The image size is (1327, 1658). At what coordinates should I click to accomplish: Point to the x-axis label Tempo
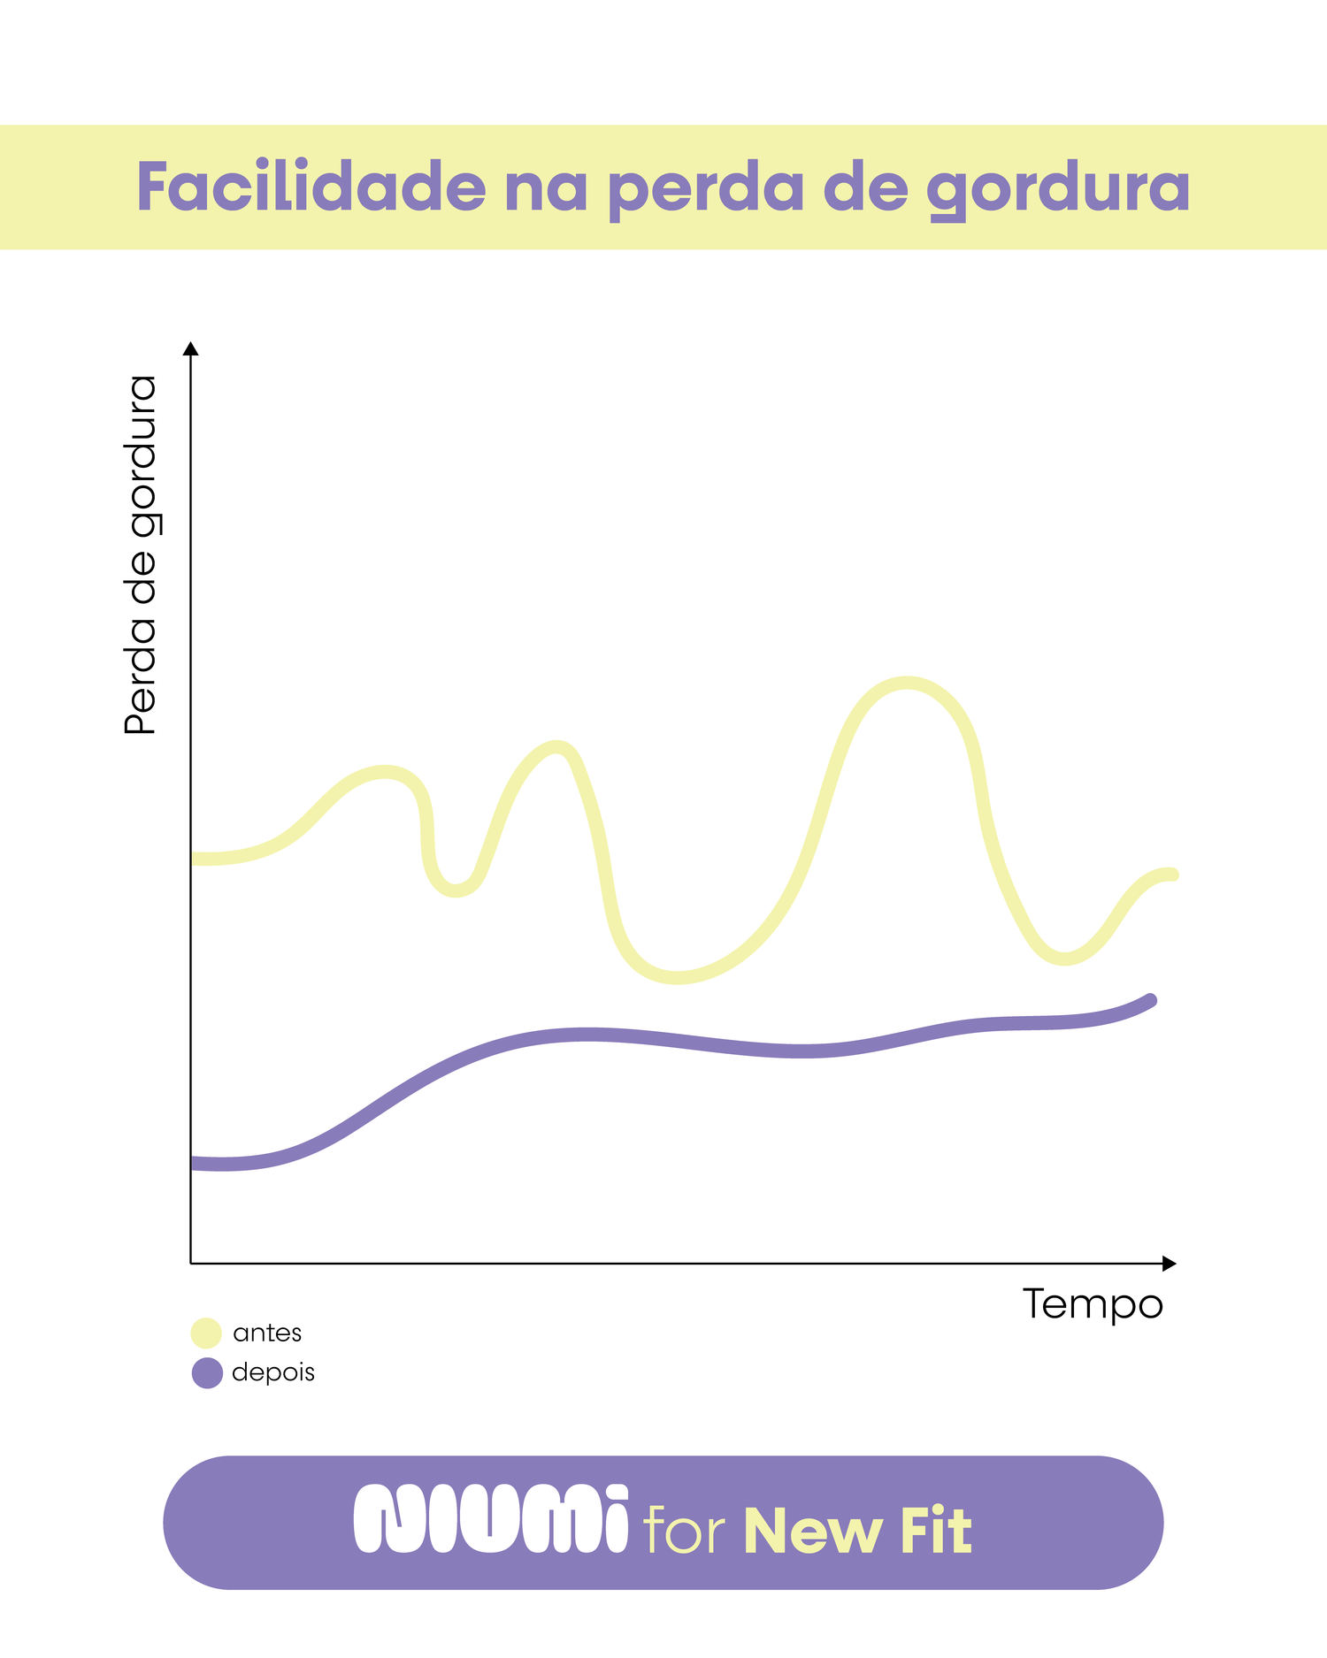1093,1304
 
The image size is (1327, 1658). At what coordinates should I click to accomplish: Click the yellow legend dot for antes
206,1333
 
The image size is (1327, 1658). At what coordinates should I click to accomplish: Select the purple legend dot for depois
206,1373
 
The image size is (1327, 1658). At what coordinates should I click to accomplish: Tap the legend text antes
267,1333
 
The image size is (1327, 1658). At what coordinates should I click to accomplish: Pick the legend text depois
273,1372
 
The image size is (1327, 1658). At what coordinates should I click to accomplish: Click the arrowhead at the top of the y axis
190,348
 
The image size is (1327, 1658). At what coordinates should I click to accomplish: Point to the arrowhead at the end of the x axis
1169,1264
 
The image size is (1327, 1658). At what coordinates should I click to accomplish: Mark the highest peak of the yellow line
907,684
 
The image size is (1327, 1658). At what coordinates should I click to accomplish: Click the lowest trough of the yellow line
677,977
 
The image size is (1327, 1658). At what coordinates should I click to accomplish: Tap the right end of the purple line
1151,1000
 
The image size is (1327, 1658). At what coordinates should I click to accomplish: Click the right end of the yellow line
1173,875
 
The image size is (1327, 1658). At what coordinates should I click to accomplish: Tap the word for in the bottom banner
684,1530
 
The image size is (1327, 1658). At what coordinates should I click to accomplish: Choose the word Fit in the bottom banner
936,1530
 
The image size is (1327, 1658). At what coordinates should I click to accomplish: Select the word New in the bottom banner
813,1530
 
